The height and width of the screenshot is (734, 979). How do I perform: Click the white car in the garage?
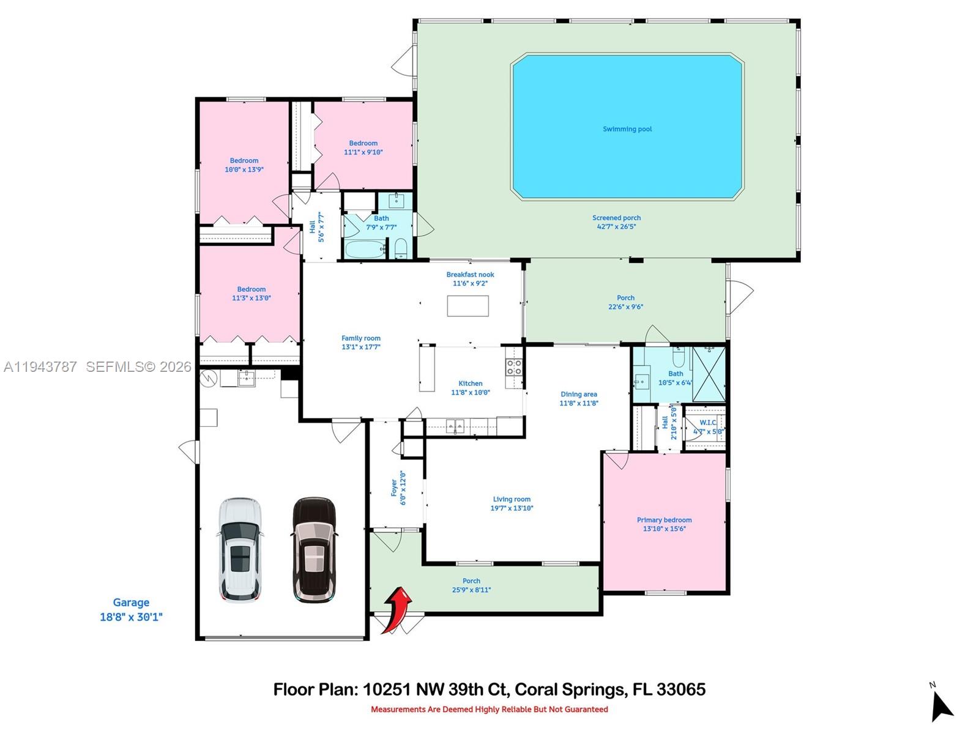pyautogui.click(x=240, y=549)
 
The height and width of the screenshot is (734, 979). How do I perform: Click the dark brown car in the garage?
pyautogui.click(x=315, y=549)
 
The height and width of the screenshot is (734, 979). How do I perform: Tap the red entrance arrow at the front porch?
pyautogui.click(x=398, y=609)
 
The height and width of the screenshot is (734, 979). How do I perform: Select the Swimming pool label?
pyautogui.click(x=627, y=129)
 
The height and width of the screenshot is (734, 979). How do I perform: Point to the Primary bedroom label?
pyautogui.click(x=664, y=520)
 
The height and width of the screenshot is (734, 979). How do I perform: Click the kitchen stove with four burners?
pyautogui.click(x=513, y=367)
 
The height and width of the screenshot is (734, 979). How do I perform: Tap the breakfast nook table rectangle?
pyautogui.click(x=467, y=306)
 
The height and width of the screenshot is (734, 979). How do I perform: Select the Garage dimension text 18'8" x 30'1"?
pyautogui.click(x=131, y=617)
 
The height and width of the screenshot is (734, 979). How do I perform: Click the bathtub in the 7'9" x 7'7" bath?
pyautogui.click(x=364, y=249)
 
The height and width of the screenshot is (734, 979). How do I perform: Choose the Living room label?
pyautogui.click(x=512, y=499)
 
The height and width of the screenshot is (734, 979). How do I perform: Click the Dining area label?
pyautogui.click(x=578, y=395)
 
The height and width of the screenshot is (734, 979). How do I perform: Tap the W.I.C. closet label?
pyautogui.click(x=708, y=423)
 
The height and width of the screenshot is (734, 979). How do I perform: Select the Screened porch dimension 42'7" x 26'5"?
pyautogui.click(x=616, y=227)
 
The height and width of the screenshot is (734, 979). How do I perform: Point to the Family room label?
pyautogui.click(x=360, y=338)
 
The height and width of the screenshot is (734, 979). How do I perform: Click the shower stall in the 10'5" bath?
pyautogui.click(x=709, y=374)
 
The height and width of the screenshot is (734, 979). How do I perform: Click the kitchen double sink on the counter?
pyautogui.click(x=455, y=426)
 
